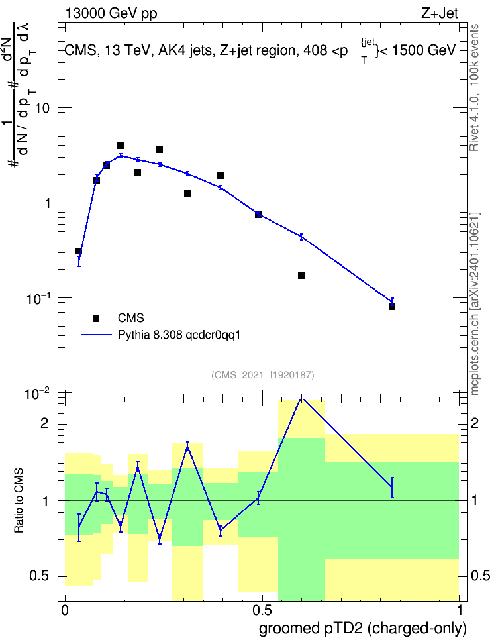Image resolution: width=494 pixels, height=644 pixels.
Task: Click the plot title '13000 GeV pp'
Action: pyautogui.click(x=111, y=13)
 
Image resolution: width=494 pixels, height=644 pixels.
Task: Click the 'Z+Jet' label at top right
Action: pyautogui.click(x=440, y=13)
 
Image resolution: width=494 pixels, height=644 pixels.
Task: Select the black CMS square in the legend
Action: pyautogui.click(x=96, y=318)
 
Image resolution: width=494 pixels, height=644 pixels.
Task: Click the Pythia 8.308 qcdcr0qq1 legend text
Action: pyautogui.click(x=179, y=335)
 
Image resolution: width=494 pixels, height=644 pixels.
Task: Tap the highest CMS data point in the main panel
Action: pyautogui.click(x=121, y=146)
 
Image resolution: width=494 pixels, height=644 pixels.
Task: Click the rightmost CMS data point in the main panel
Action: pyautogui.click(x=392, y=307)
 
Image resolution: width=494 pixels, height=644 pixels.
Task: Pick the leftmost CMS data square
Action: pyautogui.click(x=78, y=251)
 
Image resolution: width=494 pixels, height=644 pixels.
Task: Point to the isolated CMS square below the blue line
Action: pyautogui.click(x=301, y=276)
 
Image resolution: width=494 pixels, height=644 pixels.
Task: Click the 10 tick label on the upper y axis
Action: pyautogui.click(x=42, y=109)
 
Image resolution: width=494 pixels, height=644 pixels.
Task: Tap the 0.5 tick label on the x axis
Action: pyautogui.click(x=262, y=610)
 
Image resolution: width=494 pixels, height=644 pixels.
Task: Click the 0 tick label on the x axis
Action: pyautogui.click(x=64, y=610)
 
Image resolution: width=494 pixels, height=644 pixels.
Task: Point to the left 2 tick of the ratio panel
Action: pyautogui.click(x=44, y=423)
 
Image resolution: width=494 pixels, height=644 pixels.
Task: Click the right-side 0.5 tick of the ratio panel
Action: pyautogui.click(x=480, y=576)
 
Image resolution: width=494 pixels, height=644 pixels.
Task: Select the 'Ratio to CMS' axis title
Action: pyautogui.click(x=19, y=501)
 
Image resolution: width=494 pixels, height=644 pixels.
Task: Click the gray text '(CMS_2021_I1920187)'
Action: pyautogui.click(x=263, y=375)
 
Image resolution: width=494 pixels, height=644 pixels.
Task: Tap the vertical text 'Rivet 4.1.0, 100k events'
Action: pyautogui.click(x=475, y=87)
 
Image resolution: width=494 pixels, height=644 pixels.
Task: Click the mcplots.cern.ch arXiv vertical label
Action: pyautogui.click(x=475, y=303)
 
